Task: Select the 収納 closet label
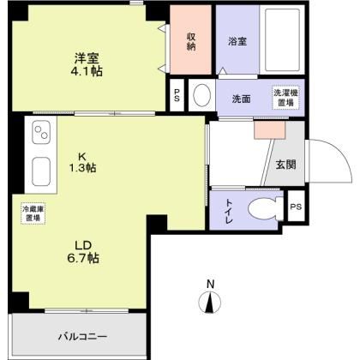point(192,41)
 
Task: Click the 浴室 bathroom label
point(237,40)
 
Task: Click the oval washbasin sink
point(201,94)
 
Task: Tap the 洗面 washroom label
point(242,99)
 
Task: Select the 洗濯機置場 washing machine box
point(285,98)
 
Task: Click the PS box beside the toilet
point(296,207)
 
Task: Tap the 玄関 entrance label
point(285,165)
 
